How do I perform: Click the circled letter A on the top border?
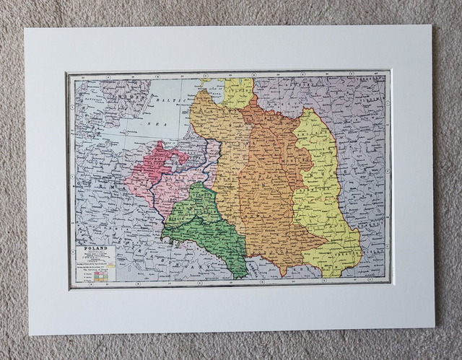click(108, 74)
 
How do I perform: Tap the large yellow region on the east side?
click(321, 195)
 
